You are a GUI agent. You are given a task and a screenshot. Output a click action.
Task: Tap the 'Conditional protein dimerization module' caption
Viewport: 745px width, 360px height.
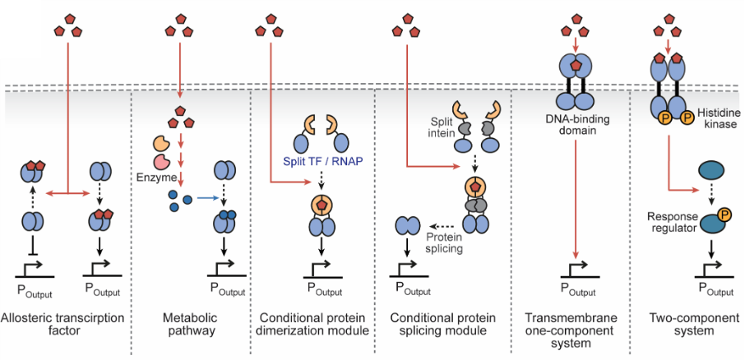point(313,324)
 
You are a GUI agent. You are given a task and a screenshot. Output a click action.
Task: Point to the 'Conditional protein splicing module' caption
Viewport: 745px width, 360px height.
point(441,324)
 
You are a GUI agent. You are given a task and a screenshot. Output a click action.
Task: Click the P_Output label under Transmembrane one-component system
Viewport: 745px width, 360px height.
point(576,288)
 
